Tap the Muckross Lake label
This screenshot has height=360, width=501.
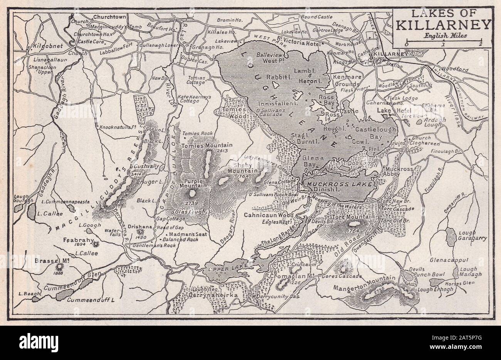tap(339, 184)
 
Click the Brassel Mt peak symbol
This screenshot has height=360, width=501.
tap(60, 266)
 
